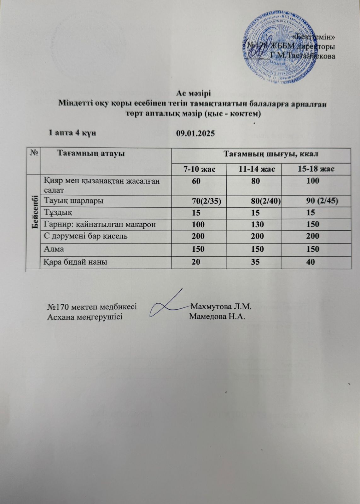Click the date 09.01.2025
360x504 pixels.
pos(195,133)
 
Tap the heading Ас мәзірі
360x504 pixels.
pos(193,94)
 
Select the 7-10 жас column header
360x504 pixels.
pos(200,169)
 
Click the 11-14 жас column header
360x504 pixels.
pos(257,169)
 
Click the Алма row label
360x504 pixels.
pos(54,249)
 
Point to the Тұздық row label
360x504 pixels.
pos(58,213)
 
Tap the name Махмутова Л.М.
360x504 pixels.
pos(221,306)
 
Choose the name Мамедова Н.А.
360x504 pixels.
pos(217,316)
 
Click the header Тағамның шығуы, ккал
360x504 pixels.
pos(270,154)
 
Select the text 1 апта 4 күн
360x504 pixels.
pos(72,133)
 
